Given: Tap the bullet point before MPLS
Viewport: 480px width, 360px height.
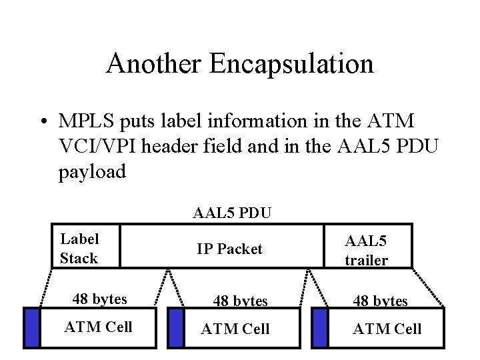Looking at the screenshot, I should tap(43, 123).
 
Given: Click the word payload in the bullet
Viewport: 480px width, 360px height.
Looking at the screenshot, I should tap(92, 172).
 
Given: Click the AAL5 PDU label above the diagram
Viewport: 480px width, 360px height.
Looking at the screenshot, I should tap(231, 213).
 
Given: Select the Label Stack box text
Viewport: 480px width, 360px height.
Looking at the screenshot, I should tap(79, 249).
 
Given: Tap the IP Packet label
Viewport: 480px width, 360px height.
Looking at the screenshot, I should tap(229, 249).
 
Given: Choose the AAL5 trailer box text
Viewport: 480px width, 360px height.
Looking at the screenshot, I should tap(366, 251).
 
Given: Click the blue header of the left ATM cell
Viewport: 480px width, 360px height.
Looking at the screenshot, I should tap(32, 327).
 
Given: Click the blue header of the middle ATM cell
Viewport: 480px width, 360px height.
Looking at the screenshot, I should tap(176, 327).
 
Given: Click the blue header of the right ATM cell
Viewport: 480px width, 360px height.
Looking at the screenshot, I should tap(320, 327).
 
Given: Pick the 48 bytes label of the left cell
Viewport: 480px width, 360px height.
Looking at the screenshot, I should tap(99, 299).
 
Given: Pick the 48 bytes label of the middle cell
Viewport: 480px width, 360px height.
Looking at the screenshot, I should tap(240, 301).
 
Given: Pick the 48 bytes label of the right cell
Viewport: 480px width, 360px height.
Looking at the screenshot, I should tap(380, 301).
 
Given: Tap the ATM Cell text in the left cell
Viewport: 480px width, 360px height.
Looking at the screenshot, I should tap(98, 327).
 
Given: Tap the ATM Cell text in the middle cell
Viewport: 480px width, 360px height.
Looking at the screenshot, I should tap(235, 329).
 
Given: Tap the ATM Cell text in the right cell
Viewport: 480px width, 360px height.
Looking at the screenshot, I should tap(387, 329).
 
